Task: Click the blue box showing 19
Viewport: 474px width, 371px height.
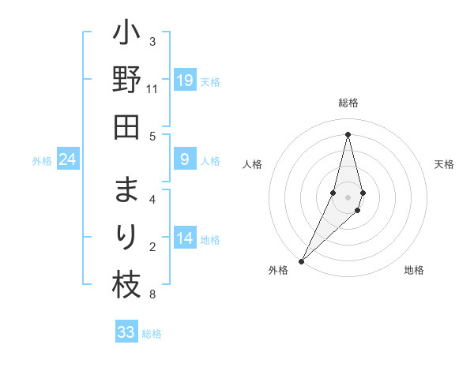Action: click(x=185, y=81)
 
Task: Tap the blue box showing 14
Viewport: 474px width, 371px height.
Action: click(x=185, y=239)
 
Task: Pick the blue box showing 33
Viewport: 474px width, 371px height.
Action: click(x=126, y=332)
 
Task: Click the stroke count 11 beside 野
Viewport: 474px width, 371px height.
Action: click(x=152, y=89)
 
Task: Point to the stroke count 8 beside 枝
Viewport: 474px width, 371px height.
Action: click(x=152, y=295)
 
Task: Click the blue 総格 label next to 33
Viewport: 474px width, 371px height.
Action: click(x=152, y=334)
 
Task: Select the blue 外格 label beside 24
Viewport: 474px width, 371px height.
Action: click(x=42, y=161)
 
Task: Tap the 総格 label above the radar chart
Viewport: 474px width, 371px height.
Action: click(x=348, y=103)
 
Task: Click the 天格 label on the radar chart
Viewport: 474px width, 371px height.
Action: click(x=444, y=164)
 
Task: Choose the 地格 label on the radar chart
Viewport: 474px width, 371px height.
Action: click(x=414, y=271)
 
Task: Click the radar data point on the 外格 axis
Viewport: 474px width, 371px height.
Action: click(x=302, y=260)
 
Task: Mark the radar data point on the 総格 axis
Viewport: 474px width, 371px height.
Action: click(x=348, y=134)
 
